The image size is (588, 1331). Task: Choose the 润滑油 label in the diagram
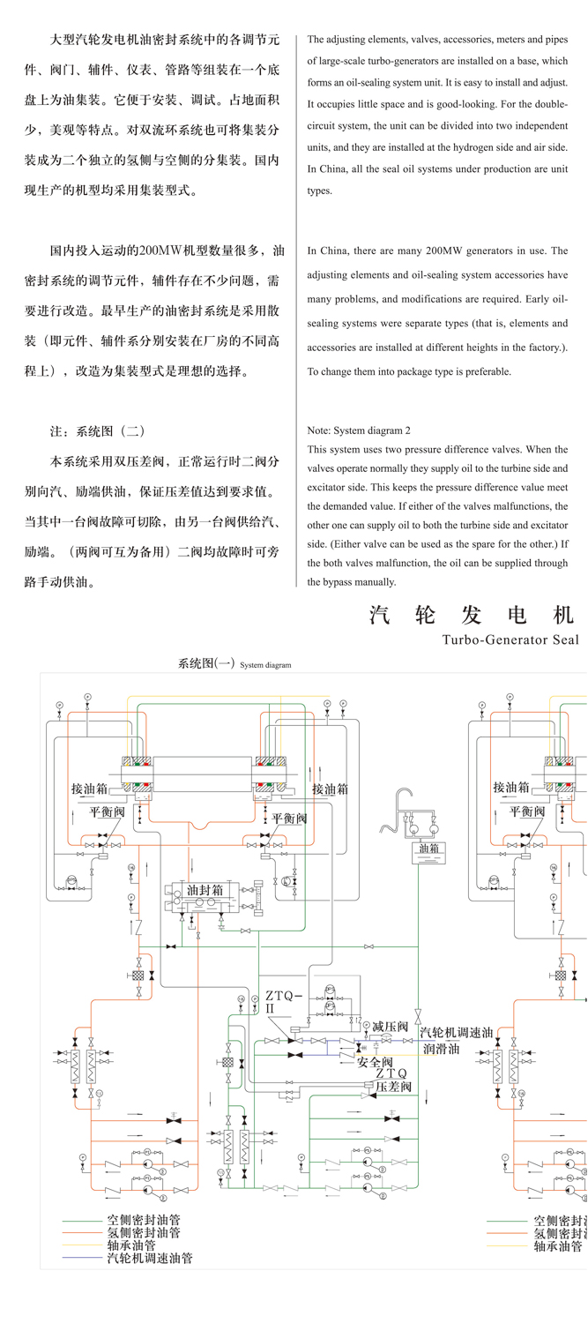point(441,1049)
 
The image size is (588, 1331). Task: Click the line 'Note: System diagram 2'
point(359,431)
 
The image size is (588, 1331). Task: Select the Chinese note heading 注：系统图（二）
point(97,431)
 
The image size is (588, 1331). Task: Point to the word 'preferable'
point(484,371)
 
